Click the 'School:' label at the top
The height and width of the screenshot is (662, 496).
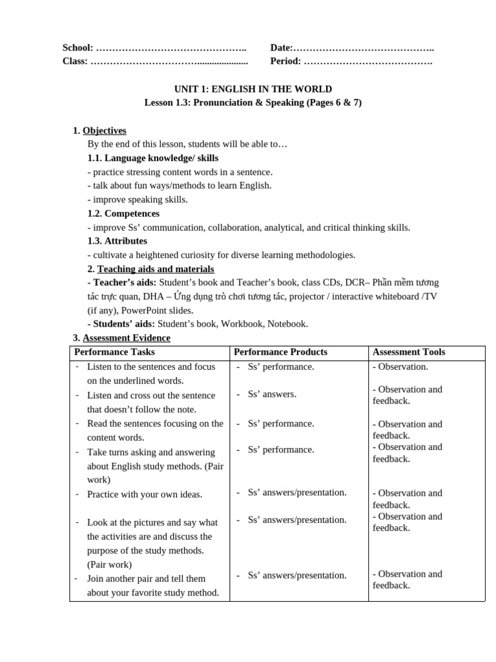[x=77, y=48]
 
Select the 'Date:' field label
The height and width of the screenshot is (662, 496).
[x=282, y=48]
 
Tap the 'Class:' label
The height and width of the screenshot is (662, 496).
[x=75, y=61]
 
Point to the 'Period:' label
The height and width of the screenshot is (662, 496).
[x=285, y=61]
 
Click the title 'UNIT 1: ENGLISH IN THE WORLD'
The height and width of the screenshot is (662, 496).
[x=253, y=89]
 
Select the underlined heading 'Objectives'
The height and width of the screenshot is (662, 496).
[x=105, y=131]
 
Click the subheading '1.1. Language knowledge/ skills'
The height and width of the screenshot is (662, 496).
[x=152, y=158]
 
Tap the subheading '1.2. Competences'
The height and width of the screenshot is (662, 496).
[x=123, y=213]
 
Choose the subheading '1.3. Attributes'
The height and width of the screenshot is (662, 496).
[x=117, y=241]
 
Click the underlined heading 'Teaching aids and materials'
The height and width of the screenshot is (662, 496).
[x=156, y=269]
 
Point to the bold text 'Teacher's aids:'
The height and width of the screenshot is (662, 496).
[x=123, y=283]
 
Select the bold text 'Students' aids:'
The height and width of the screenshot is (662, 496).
[x=122, y=324]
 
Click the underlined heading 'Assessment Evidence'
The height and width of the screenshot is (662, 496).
[x=127, y=337]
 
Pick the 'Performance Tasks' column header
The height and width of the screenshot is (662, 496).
[x=114, y=352]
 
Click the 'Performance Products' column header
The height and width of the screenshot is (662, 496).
[x=280, y=352]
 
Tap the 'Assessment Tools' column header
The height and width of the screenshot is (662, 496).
[x=409, y=352]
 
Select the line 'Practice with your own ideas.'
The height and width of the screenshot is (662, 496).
[x=145, y=495]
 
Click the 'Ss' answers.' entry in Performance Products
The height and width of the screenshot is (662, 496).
[x=272, y=394]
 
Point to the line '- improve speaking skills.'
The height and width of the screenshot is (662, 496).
[x=138, y=199]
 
